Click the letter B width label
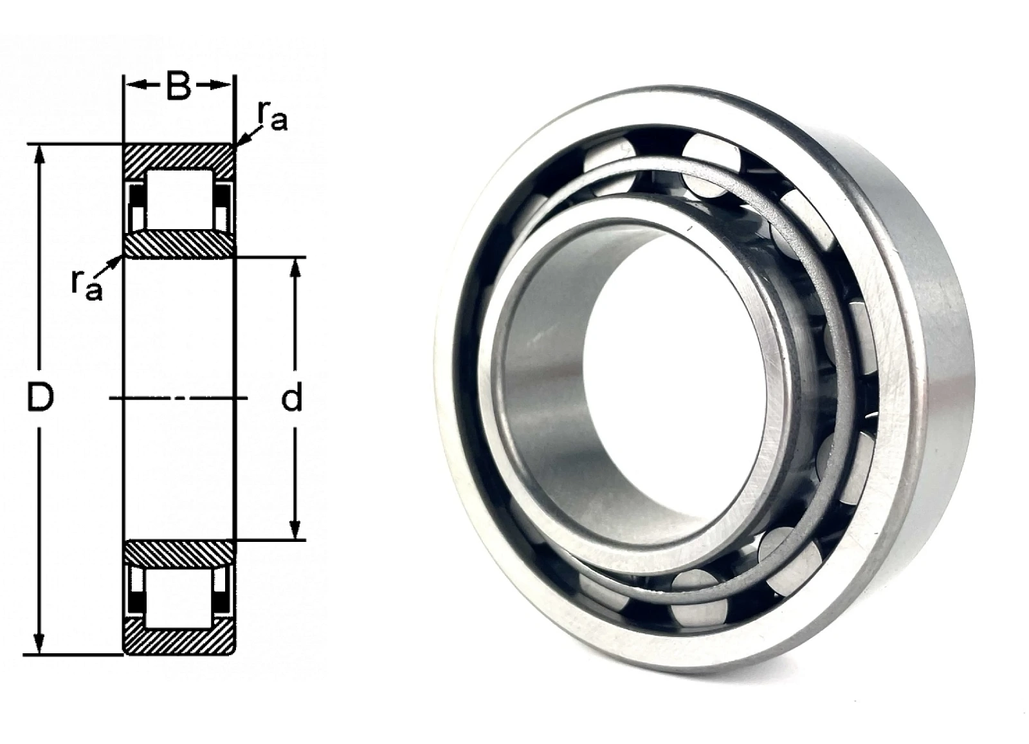179,86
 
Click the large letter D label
41,398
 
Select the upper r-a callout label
272,116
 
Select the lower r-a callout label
87,284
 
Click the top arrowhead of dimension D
41,157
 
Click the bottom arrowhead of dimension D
41,643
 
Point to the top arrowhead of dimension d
296,269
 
